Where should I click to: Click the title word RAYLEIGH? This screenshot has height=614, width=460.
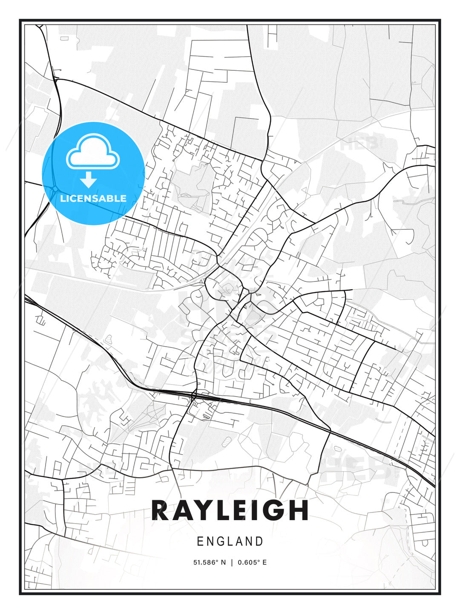[230, 510]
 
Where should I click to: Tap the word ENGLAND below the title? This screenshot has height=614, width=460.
[230, 542]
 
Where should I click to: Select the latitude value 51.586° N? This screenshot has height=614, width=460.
[209, 562]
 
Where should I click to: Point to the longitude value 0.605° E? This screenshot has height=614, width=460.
[252, 562]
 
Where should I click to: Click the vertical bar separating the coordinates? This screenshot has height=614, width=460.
[231, 562]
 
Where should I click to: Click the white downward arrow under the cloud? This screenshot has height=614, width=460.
[89, 180]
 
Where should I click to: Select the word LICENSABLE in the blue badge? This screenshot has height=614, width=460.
[93, 198]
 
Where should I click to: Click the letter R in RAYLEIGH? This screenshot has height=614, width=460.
[161, 510]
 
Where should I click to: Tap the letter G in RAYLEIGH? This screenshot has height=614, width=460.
[276, 510]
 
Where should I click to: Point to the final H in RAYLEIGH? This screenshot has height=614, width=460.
[299, 510]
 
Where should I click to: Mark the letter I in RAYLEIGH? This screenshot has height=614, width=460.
[258, 510]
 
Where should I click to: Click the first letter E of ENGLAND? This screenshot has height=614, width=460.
[200, 542]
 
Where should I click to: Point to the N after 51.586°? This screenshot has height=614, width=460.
[223, 562]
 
